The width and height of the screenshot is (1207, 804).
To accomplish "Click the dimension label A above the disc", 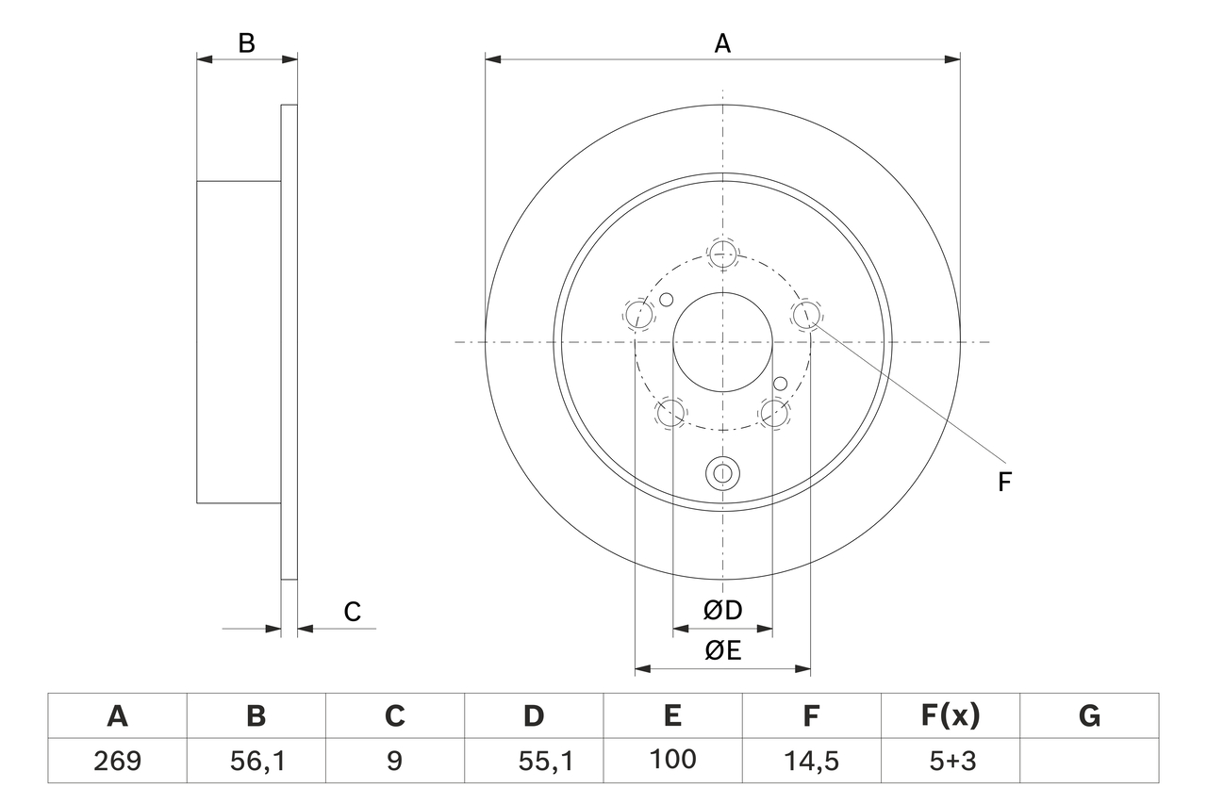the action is coord(722,43).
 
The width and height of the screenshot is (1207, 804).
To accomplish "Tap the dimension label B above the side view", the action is coord(246,43).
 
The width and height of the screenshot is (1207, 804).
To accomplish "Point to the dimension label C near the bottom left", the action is coord(352,612).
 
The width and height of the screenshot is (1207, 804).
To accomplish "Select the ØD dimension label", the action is coord(722,610).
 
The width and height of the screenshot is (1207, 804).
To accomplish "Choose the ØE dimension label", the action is coord(722,650).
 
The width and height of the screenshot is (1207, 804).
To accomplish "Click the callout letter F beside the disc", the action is coord(1004,482).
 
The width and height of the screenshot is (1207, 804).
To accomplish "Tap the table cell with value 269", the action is coord(118,761).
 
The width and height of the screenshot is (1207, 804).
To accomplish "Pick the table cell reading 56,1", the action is coord(256,761).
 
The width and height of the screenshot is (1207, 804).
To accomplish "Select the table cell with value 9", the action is coord(395,761).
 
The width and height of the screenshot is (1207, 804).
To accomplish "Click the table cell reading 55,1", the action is coord(534,761).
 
